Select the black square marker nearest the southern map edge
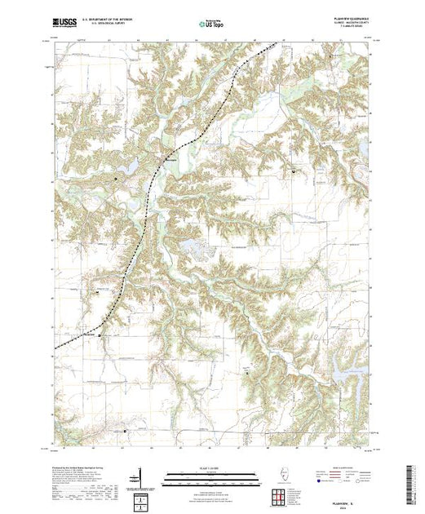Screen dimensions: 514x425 point(126,432)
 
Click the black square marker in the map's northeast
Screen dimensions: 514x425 point(294,171)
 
